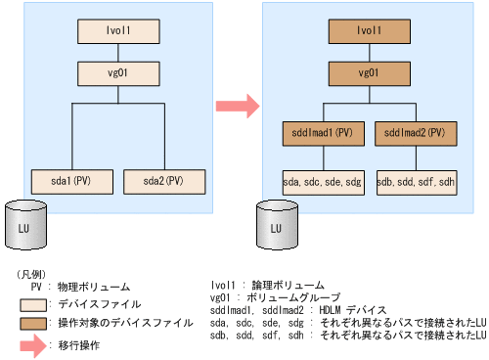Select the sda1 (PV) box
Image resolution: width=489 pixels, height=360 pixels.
click(74, 180)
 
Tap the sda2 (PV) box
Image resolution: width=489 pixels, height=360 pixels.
click(165, 180)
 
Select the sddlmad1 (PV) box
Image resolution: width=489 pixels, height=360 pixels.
click(324, 132)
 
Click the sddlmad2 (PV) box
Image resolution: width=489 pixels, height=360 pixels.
click(416, 132)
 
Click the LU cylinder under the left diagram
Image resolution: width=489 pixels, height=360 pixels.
click(27, 227)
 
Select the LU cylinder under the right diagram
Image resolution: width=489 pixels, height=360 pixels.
click(278, 227)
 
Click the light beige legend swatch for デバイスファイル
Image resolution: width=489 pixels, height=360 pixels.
click(37, 302)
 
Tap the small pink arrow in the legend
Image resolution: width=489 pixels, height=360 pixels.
click(37, 344)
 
